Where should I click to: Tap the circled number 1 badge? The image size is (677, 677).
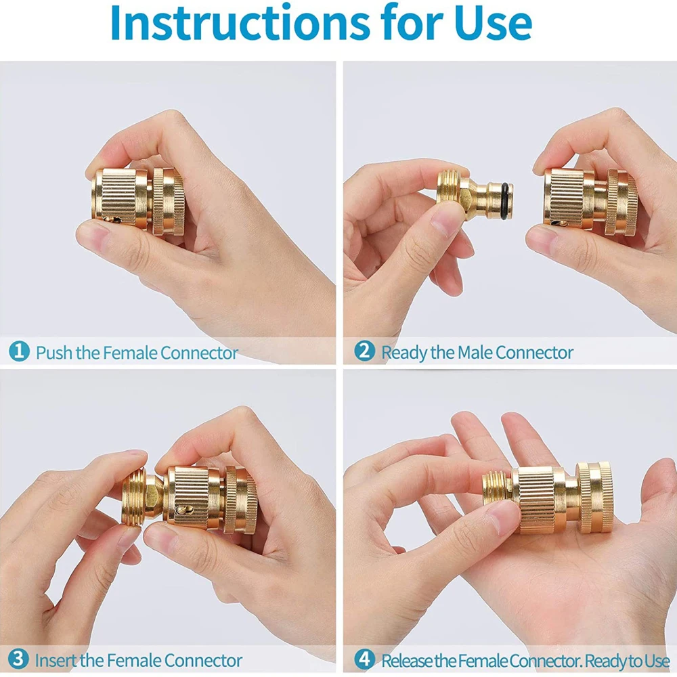[x=19, y=351]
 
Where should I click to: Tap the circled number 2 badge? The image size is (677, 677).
[x=364, y=351]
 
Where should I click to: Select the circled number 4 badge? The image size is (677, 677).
[x=364, y=659]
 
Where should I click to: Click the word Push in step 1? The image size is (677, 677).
[x=53, y=353]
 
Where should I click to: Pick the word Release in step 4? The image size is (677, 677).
[x=408, y=661]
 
